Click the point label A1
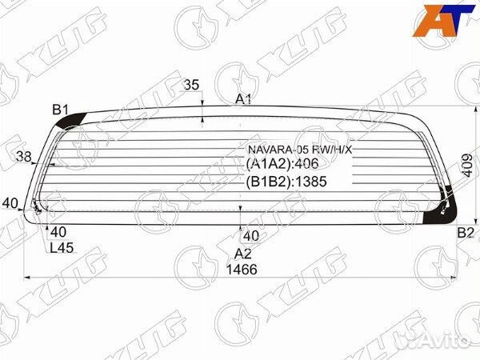click(244, 100)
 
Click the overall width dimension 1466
click(241, 270)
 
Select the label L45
click(62, 248)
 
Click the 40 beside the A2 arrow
click(250, 236)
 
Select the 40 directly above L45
click(58, 232)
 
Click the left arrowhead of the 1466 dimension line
click(29, 276)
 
